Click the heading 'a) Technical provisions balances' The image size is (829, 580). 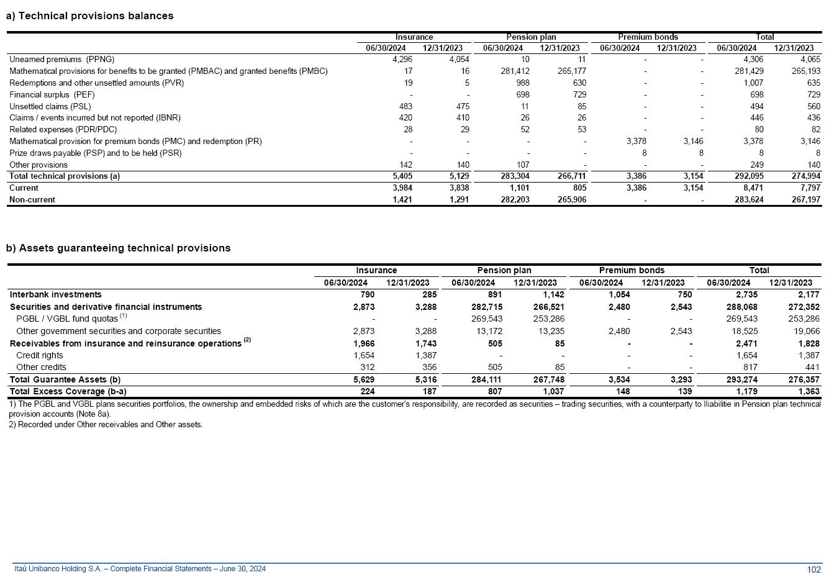point(90,16)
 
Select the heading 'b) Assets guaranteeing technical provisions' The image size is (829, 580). point(119,248)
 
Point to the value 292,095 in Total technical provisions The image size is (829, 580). point(749,176)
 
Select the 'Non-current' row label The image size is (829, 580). point(32,200)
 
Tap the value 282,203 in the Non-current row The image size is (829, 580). point(515,200)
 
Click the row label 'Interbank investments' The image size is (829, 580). point(55,295)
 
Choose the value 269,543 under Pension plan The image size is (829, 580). point(486,319)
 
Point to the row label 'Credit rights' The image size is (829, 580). point(39,356)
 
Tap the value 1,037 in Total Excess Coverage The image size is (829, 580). point(553,392)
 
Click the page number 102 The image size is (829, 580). point(813,570)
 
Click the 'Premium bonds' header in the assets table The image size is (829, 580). point(632,271)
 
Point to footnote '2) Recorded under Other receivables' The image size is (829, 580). point(106,425)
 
